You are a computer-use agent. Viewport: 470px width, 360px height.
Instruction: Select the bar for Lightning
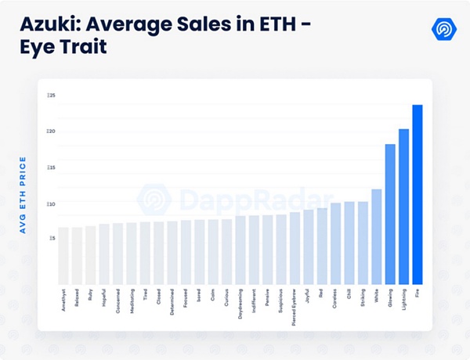point(403,207)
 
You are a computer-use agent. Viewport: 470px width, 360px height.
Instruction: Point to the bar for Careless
point(335,243)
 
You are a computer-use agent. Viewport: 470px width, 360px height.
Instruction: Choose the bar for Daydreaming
point(240,250)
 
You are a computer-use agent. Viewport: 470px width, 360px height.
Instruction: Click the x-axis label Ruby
point(91,297)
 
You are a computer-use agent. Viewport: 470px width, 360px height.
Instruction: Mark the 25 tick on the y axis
point(51,95)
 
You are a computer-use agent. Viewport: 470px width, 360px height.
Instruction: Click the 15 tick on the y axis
point(51,167)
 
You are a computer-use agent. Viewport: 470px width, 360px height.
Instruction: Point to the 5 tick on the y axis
point(52,238)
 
